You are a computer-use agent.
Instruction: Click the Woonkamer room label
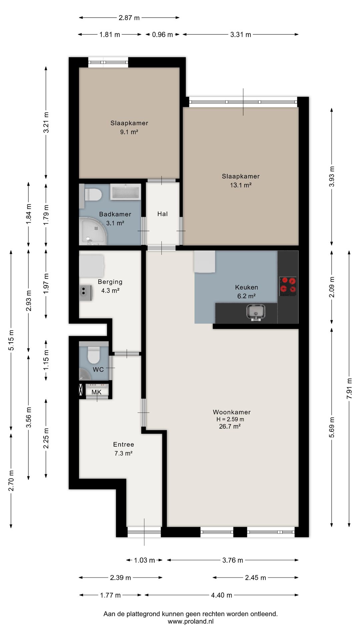[x=232, y=412]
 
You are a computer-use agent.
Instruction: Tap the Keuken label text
[x=246, y=287]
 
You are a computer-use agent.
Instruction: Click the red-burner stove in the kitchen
[x=288, y=286]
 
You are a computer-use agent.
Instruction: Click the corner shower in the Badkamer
[x=93, y=231]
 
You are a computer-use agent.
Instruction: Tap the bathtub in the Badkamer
[x=125, y=192]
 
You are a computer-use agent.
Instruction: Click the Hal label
[x=162, y=214]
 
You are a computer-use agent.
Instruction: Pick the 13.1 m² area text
[x=241, y=185]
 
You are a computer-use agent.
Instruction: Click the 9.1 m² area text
[x=129, y=132]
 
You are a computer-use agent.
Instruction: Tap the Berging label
[x=110, y=282]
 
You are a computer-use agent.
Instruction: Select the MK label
[x=96, y=392]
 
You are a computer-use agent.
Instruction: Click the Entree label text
[x=123, y=444]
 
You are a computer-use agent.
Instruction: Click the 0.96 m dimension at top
[x=162, y=34]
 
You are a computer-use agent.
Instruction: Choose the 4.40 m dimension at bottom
[x=221, y=595]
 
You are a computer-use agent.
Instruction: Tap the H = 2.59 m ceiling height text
[x=230, y=419]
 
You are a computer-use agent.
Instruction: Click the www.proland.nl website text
[x=190, y=621]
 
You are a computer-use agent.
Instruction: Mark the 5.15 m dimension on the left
[x=11, y=340]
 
